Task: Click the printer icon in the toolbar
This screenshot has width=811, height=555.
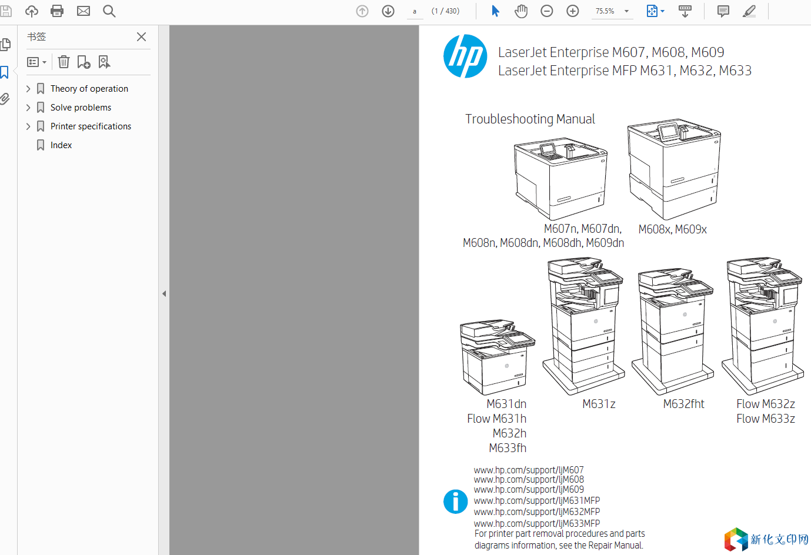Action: click(57, 11)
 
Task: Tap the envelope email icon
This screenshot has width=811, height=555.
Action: click(84, 11)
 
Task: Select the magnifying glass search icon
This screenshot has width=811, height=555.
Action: click(109, 11)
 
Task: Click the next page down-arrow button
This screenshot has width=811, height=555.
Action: click(388, 11)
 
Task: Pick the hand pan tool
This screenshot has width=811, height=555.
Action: click(521, 11)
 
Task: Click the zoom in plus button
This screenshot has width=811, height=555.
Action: click(573, 11)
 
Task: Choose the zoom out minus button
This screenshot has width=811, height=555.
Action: click(547, 11)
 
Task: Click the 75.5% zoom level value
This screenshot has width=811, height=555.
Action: click(605, 11)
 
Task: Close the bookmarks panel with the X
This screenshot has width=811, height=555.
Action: click(141, 36)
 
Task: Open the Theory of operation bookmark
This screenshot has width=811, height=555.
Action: click(89, 89)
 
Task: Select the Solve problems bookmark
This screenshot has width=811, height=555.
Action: click(81, 108)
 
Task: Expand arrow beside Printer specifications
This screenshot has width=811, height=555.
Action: click(28, 126)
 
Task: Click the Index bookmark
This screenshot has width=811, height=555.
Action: click(61, 145)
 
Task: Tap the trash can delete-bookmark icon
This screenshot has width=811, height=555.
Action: click(64, 62)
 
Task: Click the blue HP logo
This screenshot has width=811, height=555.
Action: click(465, 56)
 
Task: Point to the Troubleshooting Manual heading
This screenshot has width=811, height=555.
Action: click(530, 119)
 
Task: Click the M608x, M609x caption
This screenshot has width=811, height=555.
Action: click(672, 229)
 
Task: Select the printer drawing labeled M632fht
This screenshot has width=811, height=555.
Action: click(673, 331)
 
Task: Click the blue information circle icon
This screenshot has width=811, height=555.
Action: click(455, 501)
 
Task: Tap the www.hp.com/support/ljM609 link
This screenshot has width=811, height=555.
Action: click(529, 490)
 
